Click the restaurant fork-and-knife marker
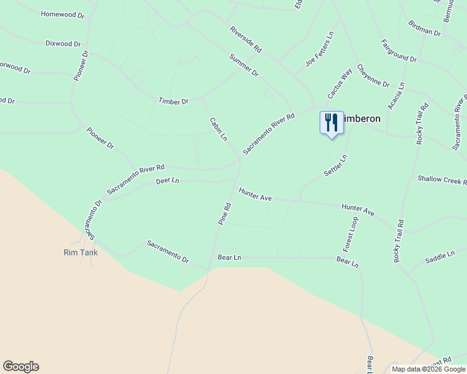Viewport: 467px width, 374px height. coord(332,122)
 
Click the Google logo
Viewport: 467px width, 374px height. coord(21,367)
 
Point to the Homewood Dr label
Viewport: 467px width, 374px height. coord(62,14)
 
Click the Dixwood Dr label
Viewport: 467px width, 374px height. coord(63,44)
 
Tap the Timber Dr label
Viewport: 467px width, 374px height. coord(173,101)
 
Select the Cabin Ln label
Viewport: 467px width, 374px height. coord(218,129)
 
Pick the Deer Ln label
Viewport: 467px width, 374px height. coord(167,181)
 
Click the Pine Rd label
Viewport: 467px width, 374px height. coord(225,213)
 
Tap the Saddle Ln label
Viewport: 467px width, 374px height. coord(440,257)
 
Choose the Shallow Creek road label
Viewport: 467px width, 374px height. coord(442,180)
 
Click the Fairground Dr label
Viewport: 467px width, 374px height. coord(399,50)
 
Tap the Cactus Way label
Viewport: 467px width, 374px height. coord(340,84)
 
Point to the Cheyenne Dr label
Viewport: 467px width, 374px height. coord(373,75)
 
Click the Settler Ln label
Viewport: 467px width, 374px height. coord(335,165)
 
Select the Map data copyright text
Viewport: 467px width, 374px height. coord(428,369)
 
